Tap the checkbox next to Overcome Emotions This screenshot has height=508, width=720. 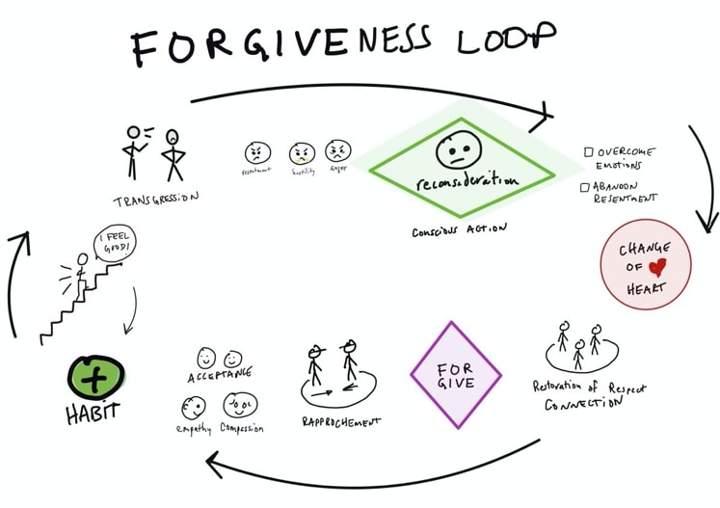coord(588,151)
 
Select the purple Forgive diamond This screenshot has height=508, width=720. coord(456,373)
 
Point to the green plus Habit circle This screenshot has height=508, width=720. coord(94,379)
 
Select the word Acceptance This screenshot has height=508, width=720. coord(222,373)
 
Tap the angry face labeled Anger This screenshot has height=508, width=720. coord(338,151)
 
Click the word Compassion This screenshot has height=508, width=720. coord(241,428)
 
